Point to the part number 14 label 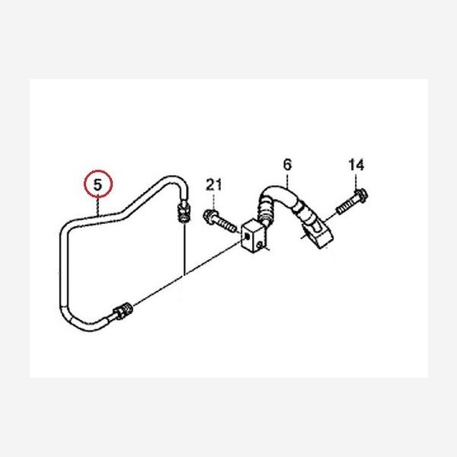coord(356,165)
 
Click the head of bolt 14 coord(362,194)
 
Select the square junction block coord(253,237)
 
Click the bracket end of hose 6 coord(317,231)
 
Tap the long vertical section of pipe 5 coord(62,267)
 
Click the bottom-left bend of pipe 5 coord(69,316)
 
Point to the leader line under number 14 coord(356,180)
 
